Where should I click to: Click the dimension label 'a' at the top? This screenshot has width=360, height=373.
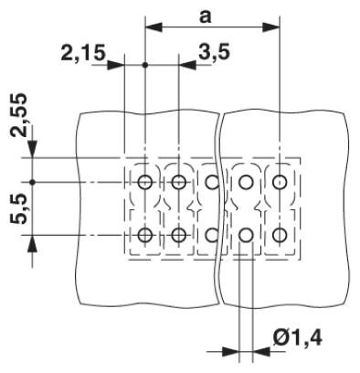205,17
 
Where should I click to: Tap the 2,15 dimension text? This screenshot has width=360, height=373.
83,53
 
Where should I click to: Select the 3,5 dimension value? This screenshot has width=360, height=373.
215,52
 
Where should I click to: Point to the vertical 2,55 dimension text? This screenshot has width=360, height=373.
19,115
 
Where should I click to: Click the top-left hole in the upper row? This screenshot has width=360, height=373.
144,182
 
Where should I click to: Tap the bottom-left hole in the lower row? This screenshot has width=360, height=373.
144,235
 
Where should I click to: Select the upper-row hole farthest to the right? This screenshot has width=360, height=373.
280,182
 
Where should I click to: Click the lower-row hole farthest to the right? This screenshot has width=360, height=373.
280,235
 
